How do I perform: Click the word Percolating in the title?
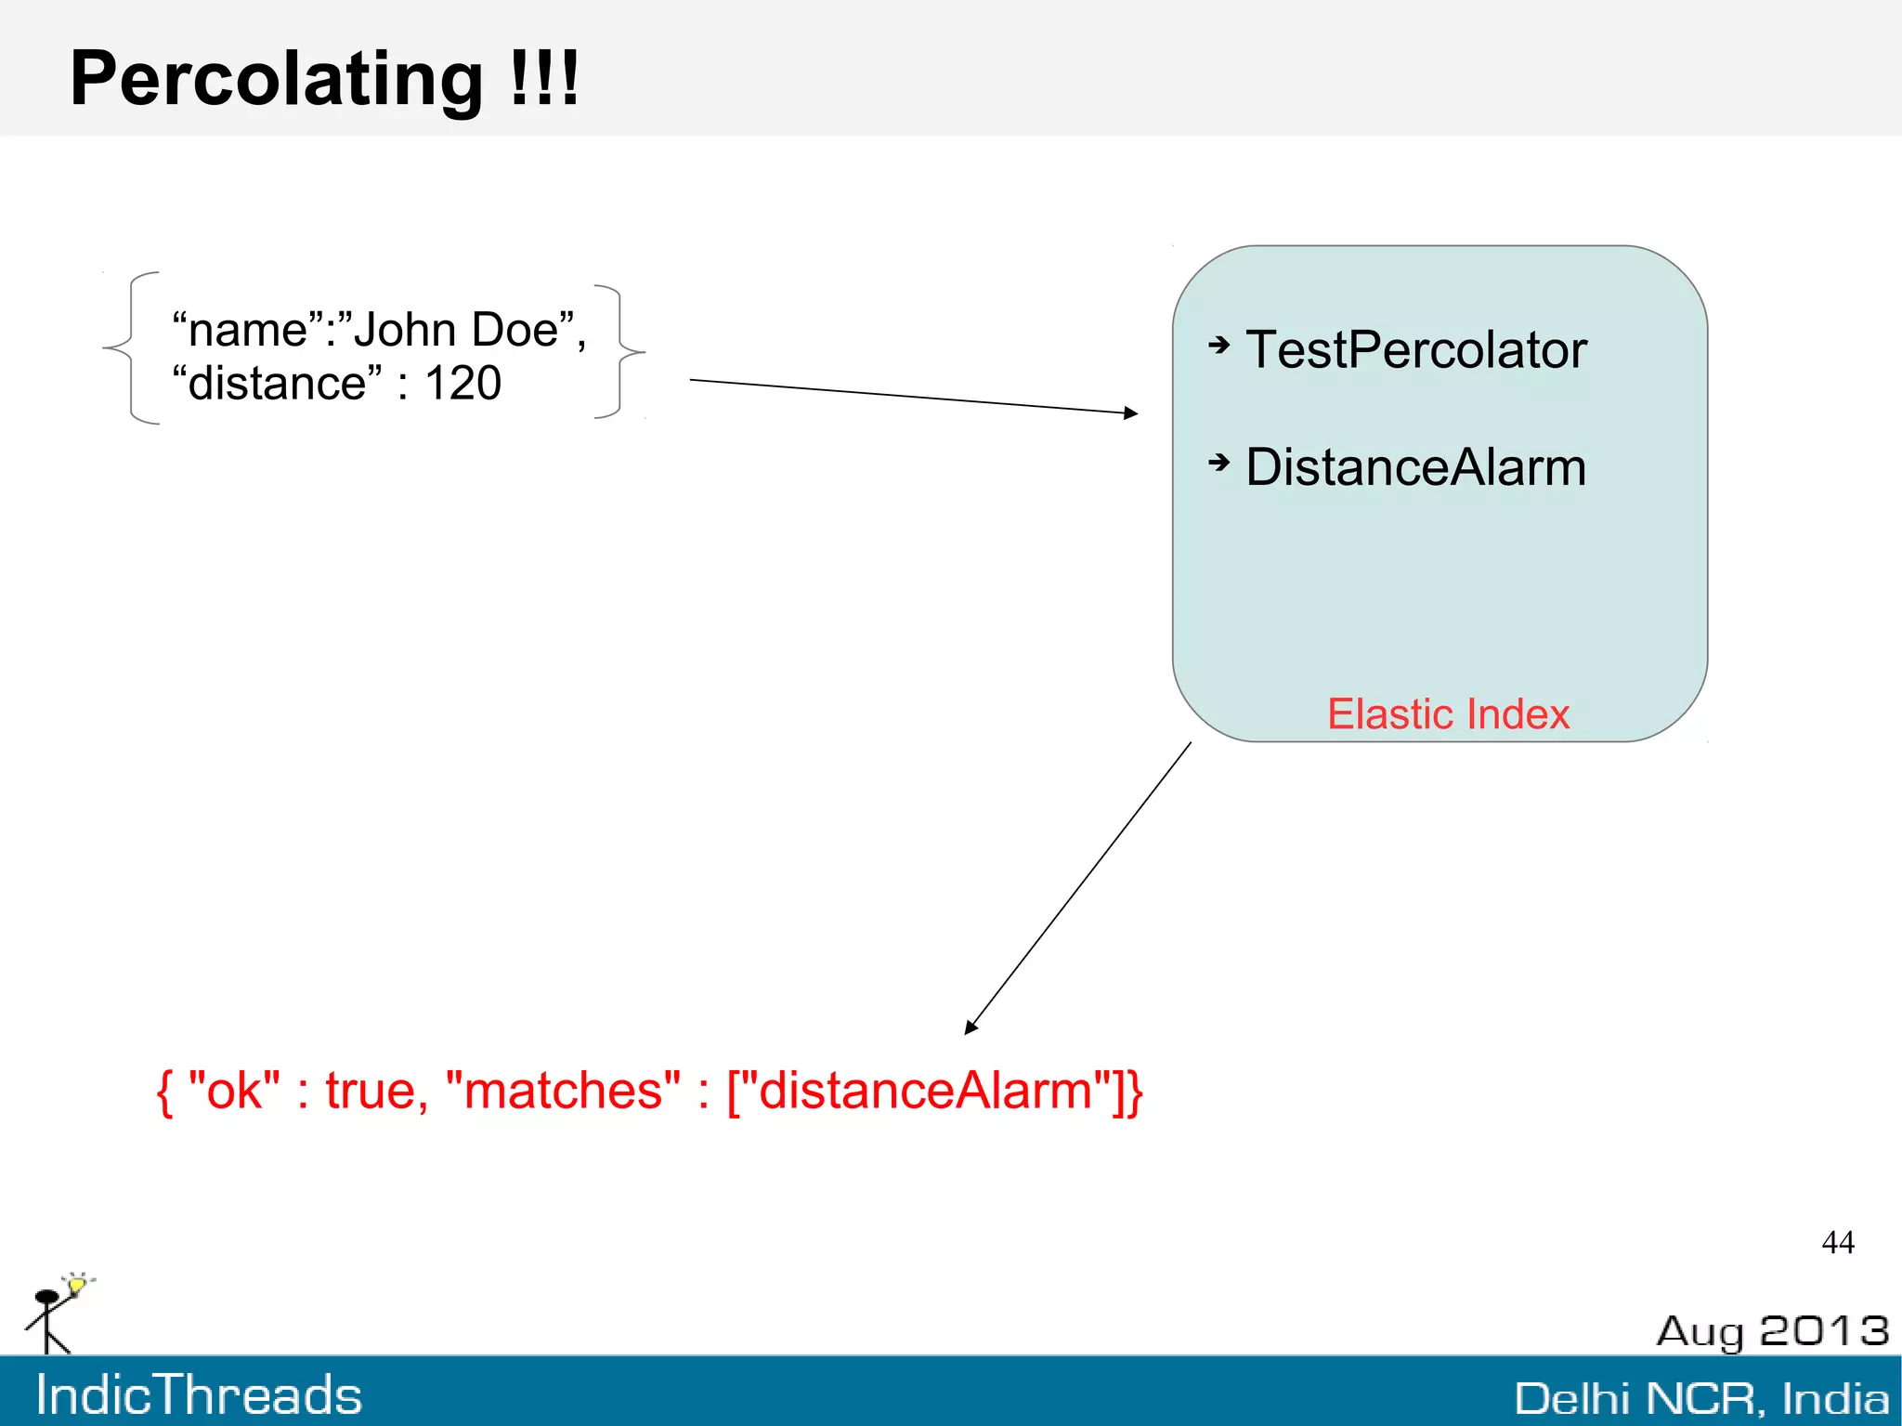[276, 80]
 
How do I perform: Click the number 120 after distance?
[462, 383]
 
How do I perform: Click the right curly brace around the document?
[620, 351]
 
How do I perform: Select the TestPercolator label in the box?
[1415, 350]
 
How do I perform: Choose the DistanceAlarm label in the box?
[1415, 467]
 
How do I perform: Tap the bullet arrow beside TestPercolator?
[1218, 346]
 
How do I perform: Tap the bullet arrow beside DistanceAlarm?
[1218, 462]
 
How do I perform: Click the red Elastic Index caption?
[1447, 714]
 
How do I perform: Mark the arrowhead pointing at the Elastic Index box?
[1130, 412]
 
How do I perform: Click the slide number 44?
[1837, 1242]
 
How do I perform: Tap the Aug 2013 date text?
[1771, 1331]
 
